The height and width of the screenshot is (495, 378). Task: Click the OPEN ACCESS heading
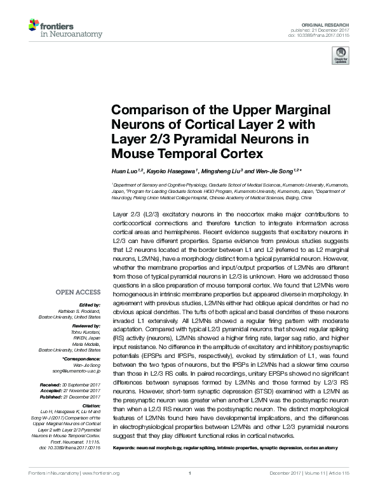pos(78,293)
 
